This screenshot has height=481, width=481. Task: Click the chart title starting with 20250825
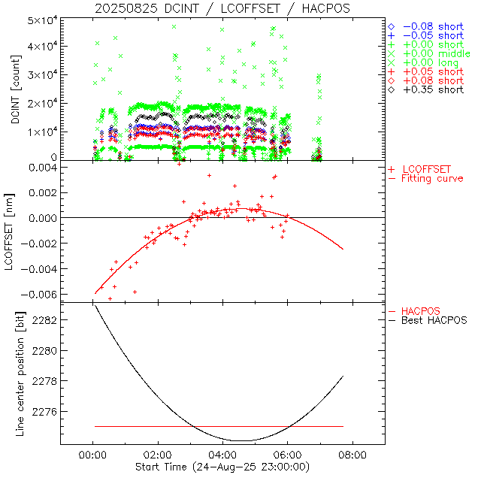tap(222, 8)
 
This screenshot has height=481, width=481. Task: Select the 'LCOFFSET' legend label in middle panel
tap(427, 169)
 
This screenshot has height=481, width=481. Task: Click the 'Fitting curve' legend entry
tap(432, 179)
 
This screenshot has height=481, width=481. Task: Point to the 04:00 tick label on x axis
tap(222, 455)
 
